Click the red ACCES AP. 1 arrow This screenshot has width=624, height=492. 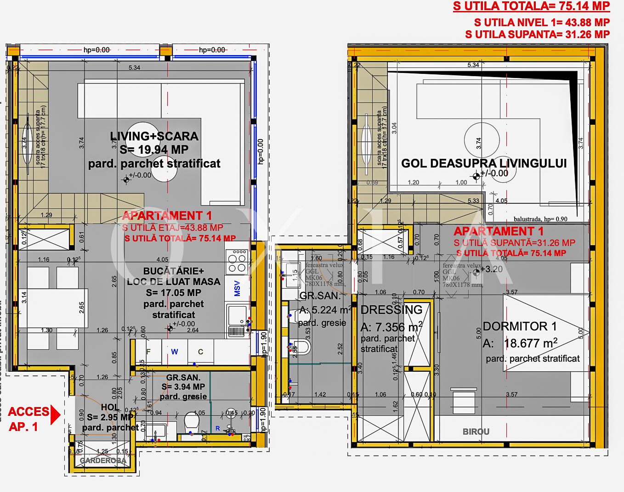(x=55, y=414)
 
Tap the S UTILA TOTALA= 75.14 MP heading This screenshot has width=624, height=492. (x=531, y=6)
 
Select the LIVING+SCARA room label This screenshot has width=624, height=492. (x=154, y=136)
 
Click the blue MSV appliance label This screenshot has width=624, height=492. (x=237, y=288)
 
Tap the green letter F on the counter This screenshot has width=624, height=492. (x=148, y=352)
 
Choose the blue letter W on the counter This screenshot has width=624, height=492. (x=175, y=352)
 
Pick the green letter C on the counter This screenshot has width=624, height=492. (x=200, y=352)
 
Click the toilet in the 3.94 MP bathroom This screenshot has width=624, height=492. (x=191, y=421)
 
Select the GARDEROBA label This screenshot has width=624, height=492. (x=103, y=460)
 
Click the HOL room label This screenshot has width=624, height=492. (x=110, y=408)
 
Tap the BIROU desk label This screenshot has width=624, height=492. (x=476, y=432)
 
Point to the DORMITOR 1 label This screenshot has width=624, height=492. (x=520, y=327)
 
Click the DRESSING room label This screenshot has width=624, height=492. (x=391, y=310)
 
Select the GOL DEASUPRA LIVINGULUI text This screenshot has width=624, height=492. (x=484, y=163)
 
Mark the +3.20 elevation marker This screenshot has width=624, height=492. (x=490, y=269)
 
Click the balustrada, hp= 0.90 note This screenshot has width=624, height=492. (x=540, y=219)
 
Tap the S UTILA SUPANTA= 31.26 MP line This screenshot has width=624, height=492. (x=537, y=34)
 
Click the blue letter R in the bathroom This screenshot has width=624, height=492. (x=218, y=429)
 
